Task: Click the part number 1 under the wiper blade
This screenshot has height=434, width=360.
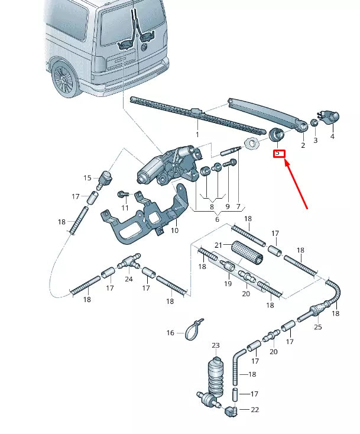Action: [197, 127]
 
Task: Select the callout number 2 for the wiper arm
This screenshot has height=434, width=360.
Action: [303, 145]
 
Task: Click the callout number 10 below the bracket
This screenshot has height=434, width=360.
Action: [174, 230]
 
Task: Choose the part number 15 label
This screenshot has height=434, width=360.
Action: [87, 178]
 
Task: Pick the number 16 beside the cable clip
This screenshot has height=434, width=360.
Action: [170, 333]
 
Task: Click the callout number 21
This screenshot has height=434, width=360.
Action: [218, 245]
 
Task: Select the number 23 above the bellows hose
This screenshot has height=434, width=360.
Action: [215, 345]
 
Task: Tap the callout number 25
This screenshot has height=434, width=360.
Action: [317, 327]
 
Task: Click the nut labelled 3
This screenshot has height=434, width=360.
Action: [314, 122]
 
